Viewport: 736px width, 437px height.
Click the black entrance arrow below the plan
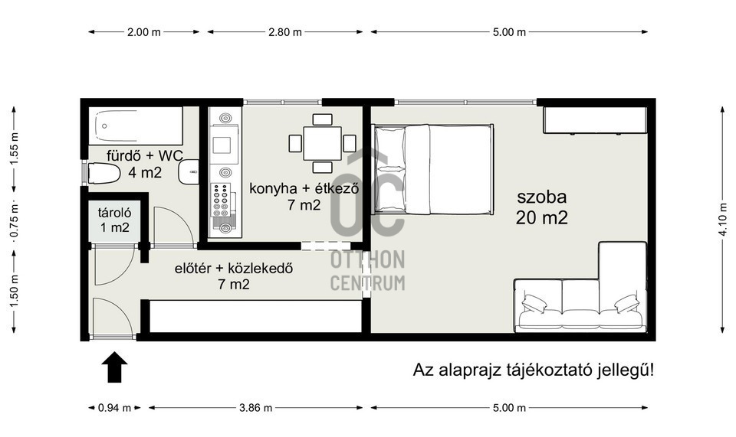[x=114, y=367]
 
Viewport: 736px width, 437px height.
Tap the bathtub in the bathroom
[x=136, y=126]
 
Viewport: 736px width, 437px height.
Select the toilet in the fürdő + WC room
[x=103, y=173]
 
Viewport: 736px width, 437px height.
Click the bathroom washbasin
[x=189, y=172]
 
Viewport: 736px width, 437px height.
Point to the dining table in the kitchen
[x=322, y=143]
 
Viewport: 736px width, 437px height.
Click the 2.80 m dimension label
[x=285, y=32]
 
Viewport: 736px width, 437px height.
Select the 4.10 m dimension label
[x=723, y=220]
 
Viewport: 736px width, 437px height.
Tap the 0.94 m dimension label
[x=114, y=408]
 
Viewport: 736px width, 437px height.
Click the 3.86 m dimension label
[x=256, y=408]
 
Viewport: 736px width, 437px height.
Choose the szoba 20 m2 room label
[x=542, y=207]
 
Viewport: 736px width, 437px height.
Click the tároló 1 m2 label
[x=114, y=220]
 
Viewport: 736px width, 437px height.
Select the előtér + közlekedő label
[x=234, y=269]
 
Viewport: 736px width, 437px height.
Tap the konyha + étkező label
[x=304, y=189]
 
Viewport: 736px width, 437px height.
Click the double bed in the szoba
[x=432, y=169]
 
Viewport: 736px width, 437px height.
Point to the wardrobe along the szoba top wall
[x=595, y=120]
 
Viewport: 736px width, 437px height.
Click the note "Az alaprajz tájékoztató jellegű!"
[x=534, y=370]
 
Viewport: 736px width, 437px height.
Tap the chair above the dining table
[x=323, y=119]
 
